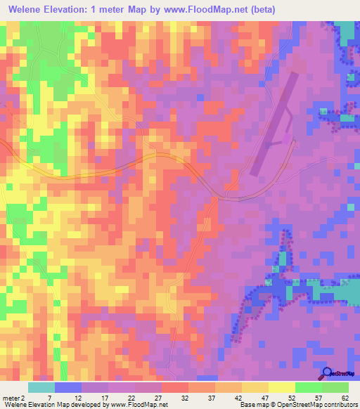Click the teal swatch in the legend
41,387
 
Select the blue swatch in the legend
68,387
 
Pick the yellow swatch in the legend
281,387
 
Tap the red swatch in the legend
175,387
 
